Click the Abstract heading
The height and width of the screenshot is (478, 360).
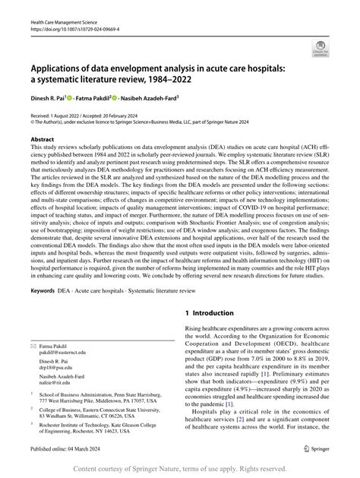tap(43, 140)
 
